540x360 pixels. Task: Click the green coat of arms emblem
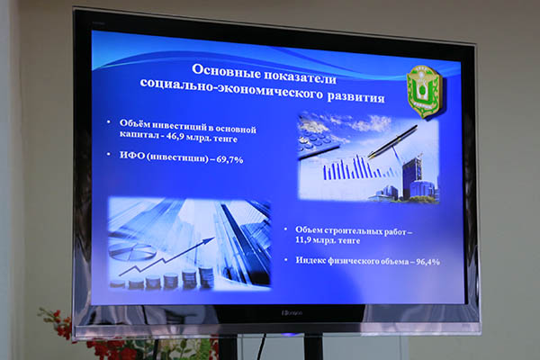423,92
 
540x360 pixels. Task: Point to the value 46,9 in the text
175,136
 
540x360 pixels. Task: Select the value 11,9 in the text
303,239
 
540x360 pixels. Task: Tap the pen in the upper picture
392,141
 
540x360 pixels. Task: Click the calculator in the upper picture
319,138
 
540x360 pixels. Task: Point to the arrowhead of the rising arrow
210,239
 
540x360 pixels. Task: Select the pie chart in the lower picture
130,250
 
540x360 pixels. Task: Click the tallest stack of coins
206,277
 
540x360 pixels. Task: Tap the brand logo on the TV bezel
292,313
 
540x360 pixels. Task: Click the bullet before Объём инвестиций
109,122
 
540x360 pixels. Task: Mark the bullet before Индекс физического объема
285,259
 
